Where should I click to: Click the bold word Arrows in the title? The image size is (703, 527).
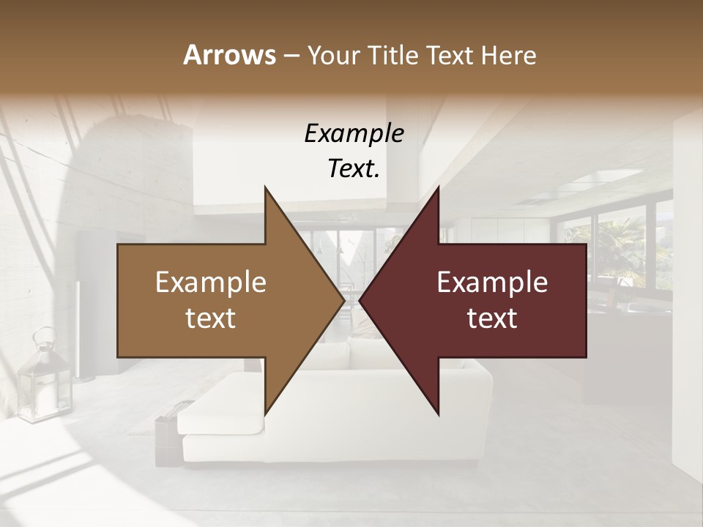point(229,55)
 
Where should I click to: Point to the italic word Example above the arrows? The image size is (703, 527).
point(354,133)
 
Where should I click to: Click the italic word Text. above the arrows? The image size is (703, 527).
point(354,168)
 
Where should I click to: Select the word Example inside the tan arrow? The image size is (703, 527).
point(211,283)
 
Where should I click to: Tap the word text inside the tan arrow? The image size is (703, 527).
point(211,318)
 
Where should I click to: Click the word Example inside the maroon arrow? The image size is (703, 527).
point(492,283)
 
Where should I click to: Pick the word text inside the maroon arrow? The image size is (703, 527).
point(492,318)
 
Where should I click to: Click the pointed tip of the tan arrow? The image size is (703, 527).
point(343,300)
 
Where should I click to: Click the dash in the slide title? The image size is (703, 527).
point(291,56)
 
